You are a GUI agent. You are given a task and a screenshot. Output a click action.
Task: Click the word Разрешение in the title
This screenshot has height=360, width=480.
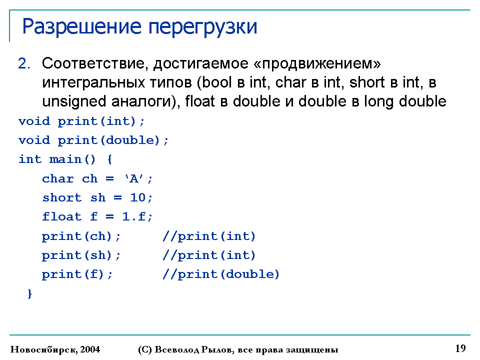point(81,27)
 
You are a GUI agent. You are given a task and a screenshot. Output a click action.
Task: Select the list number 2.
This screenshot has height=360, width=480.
point(24,63)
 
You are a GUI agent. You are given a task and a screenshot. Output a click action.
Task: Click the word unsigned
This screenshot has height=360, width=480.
point(74,102)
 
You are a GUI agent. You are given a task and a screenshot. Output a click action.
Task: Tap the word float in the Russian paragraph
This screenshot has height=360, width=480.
point(199,101)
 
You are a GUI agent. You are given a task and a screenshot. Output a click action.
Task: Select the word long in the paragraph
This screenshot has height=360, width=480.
point(378,102)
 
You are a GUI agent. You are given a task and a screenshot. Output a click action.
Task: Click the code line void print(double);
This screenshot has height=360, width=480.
point(93,140)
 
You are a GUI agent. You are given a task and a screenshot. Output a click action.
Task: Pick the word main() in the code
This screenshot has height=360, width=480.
point(72,159)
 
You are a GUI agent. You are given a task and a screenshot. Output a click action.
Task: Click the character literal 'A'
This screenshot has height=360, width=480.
point(134,178)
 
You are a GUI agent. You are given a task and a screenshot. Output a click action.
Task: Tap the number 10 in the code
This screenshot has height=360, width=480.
point(138,197)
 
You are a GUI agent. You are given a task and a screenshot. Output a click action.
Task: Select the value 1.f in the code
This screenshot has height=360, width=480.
point(134,216)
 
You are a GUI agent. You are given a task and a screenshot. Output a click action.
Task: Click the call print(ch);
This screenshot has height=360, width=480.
point(81,236)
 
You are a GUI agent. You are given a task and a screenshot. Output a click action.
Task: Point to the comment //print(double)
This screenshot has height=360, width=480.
point(220,274)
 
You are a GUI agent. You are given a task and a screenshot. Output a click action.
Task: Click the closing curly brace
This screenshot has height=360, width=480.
point(29,293)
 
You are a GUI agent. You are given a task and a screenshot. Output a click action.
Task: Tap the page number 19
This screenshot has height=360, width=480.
point(460,348)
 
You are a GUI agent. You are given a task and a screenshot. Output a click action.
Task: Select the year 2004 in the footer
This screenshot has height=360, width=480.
point(90,349)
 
